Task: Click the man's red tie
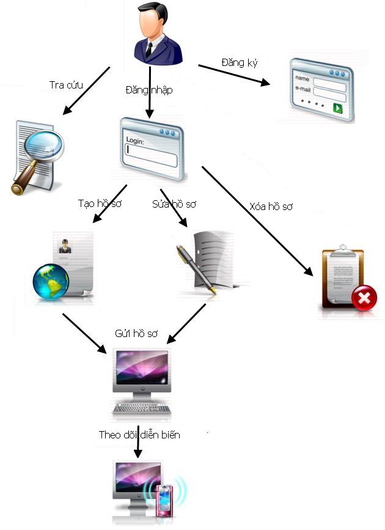pyautogui.click(x=148, y=49)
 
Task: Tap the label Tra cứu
pyautogui.click(x=65, y=85)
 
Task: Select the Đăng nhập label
pyautogui.click(x=148, y=90)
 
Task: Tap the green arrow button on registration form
pyautogui.click(x=337, y=108)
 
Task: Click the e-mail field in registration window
pyautogui.click(x=329, y=93)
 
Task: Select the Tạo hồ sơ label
pyautogui.click(x=100, y=203)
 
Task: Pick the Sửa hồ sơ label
pyautogui.click(x=174, y=204)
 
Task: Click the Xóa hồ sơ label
pyautogui.click(x=271, y=206)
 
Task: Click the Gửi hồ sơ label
pyautogui.click(x=136, y=333)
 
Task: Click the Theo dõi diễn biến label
pyautogui.click(x=139, y=435)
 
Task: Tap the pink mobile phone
pyautogui.click(x=163, y=500)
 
